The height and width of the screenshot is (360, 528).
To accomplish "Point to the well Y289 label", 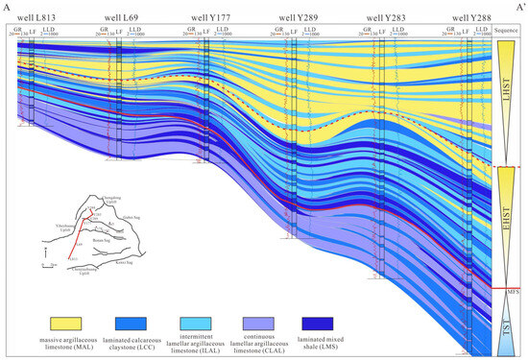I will tap(300, 18).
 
